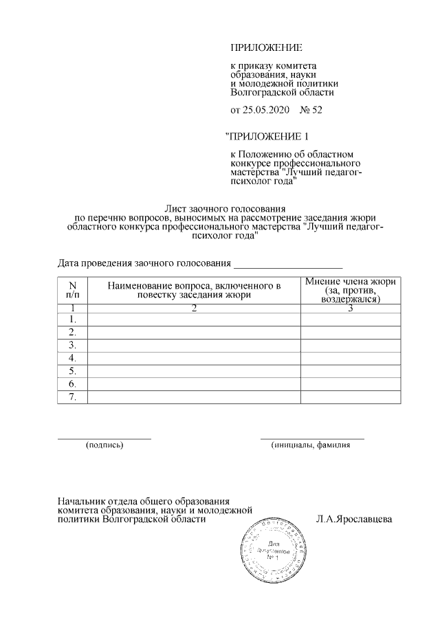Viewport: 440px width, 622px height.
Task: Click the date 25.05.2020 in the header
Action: pyautogui.click(x=266, y=110)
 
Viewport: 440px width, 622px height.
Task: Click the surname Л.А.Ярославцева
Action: pyautogui.click(x=353, y=519)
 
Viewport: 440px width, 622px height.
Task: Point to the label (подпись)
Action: pyautogui.click(x=104, y=445)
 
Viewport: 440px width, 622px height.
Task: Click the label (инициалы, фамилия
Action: pyautogui.click(x=311, y=445)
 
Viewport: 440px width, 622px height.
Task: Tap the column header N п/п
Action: pyautogui.click(x=73, y=289)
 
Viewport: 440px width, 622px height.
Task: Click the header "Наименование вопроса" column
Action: pyautogui.click(x=195, y=289)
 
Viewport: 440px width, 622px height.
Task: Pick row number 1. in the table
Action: pyautogui.click(x=73, y=320)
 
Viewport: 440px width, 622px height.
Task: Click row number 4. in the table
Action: pyautogui.click(x=73, y=358)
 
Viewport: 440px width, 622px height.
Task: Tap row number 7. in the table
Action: pyautogui.click(x=73, y=397)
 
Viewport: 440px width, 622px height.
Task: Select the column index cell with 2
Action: pyautogui.click(x=195, y=308)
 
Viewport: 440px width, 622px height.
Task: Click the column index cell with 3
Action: pyautogui.click(x=351, y=308)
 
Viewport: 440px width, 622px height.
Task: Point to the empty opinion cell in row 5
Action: pyautogui.click(x=351, y=371)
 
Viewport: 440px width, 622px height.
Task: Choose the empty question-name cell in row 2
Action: pyautogui.click(x=195, y=333)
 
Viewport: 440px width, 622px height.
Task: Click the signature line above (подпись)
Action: pyautogui.click(x=104, y=437)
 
